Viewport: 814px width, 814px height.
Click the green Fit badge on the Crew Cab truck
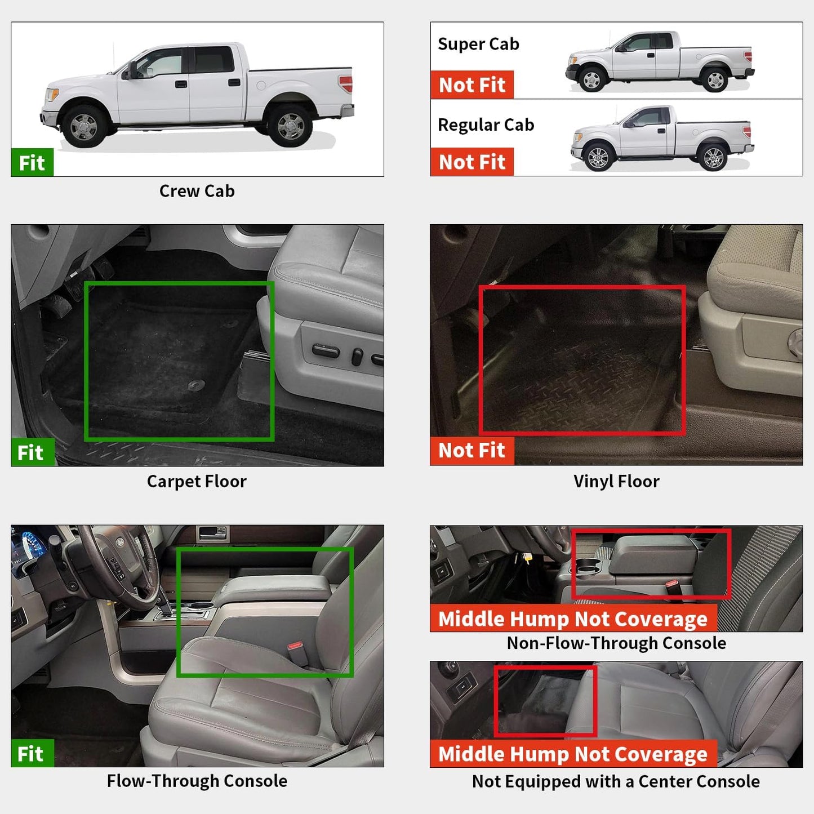point(32,163)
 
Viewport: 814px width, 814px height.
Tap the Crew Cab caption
point(197,191)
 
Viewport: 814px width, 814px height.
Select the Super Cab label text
point(478,44)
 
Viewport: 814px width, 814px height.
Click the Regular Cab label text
point(486,124)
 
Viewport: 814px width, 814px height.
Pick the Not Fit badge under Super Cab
point(472,85)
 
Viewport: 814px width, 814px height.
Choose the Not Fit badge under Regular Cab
point(472,162)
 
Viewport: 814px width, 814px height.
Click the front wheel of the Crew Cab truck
point(84,127)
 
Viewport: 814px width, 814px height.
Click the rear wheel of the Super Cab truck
point(715,80)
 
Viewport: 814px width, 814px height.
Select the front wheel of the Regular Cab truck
point(598,157)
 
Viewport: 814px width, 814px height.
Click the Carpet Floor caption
point(197,481)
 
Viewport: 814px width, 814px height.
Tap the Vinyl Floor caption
point(616,481)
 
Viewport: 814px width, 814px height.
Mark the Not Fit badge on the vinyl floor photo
point(472,451)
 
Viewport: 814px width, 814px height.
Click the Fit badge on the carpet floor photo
point(31,452)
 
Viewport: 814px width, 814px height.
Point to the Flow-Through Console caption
point(197,781)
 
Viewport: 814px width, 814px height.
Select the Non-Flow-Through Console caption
point(616,643)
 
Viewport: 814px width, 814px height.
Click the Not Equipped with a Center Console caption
point(616,781)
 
